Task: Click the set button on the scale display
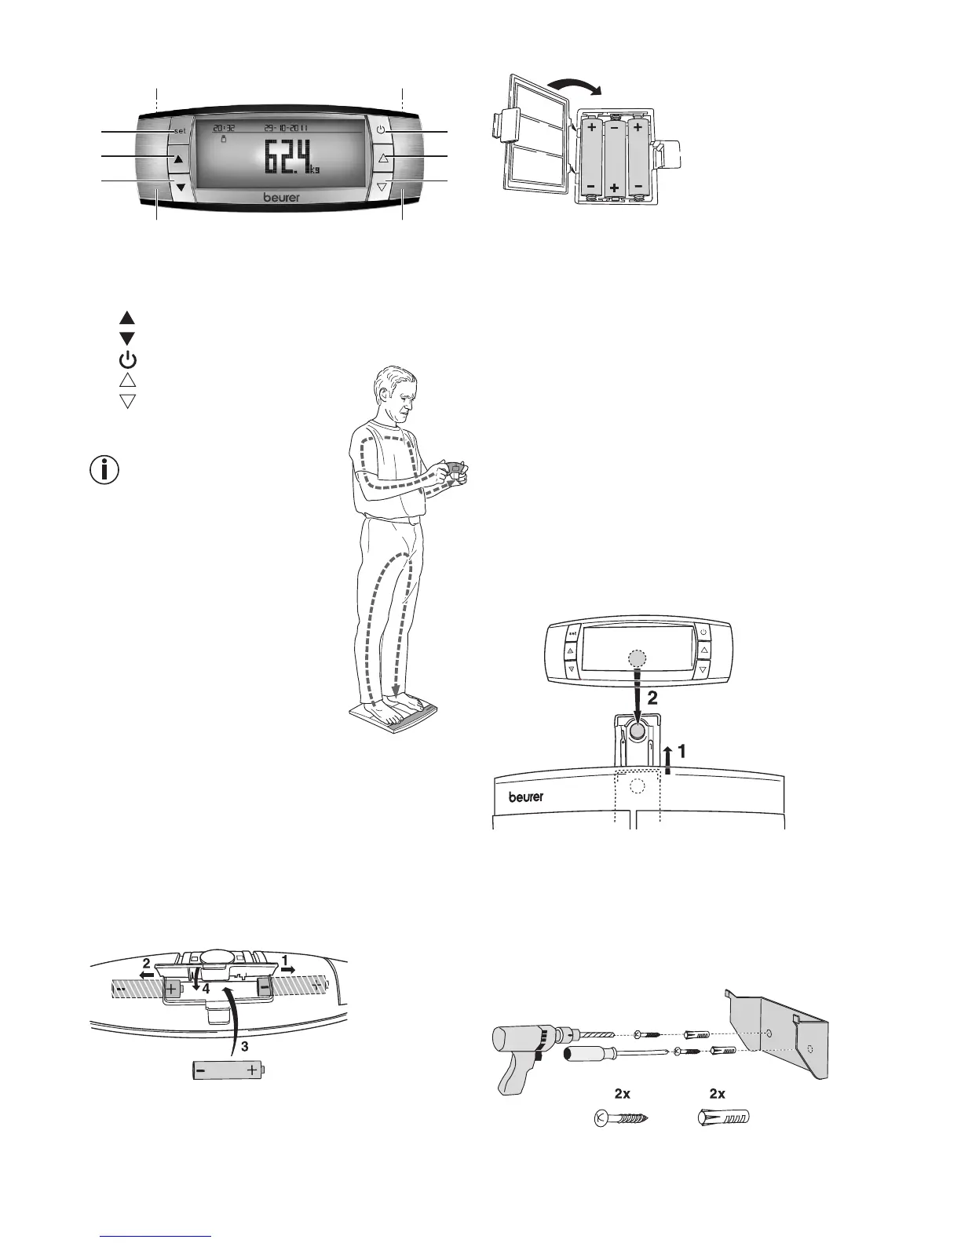pos(180,131)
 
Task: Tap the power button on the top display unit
pos(381,130)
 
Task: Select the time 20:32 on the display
pos(224,127)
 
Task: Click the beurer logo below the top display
pos(281,198)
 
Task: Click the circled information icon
pos(105,470)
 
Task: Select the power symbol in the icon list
pos(127,360)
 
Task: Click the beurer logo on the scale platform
pos(526,796)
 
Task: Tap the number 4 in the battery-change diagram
pos(206,990)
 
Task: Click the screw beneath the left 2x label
pos(621,1117)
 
